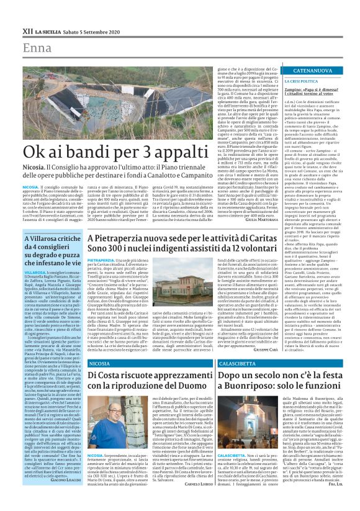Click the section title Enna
(x=38, y=48)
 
